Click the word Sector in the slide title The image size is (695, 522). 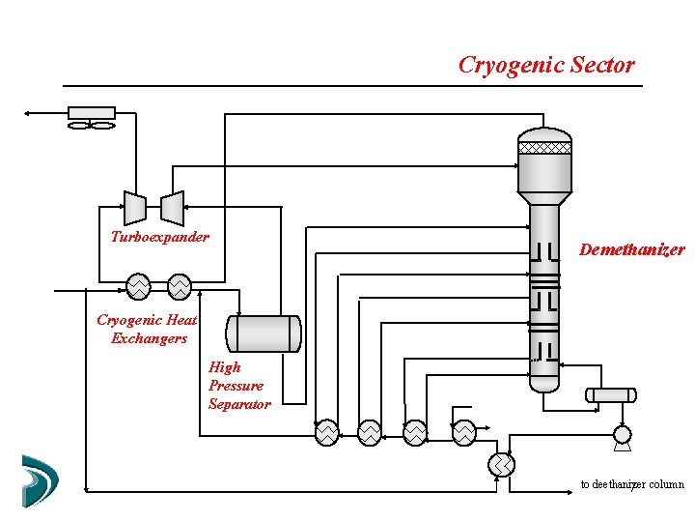(602, 66)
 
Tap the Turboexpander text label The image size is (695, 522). (159, 237)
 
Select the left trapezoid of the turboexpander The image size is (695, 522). (135, 207)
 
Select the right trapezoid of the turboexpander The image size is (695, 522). (172, 207)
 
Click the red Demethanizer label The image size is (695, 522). (631, 249)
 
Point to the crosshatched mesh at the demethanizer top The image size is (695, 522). (544, 148)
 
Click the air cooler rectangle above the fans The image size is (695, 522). (92, 113)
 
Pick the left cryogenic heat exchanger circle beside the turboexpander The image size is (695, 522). (138, 287)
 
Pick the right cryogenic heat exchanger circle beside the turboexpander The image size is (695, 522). (180, 287)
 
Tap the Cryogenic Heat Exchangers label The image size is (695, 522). (148, 329)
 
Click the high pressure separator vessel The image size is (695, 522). (264, 333)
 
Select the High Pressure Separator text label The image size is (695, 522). (238, 385)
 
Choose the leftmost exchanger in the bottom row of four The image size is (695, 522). (327, 432)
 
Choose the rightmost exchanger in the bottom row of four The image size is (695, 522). (464, 432)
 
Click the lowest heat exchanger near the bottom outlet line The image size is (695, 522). (501, 465)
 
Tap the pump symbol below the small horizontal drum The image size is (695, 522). (622, 437)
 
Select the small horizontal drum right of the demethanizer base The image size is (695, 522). (610, 394)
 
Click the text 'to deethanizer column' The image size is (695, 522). (631, 484)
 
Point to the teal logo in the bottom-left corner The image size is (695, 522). (40, 479)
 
